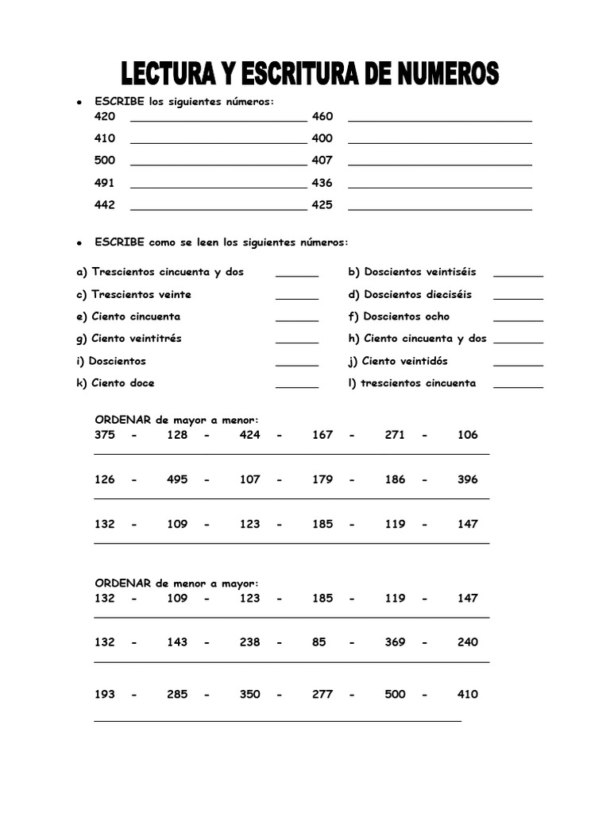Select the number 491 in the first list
[x=105, y=183]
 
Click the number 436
[x=322, y=183]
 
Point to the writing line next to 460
[x=440, y=120]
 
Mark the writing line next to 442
[x=218, y=209]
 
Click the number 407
[x=322, y=161]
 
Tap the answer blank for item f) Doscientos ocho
[x=518, y=320]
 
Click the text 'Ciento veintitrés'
[x=136, y=339]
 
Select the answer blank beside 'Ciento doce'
[x=297, y=387]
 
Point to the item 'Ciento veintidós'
[x=404, y=361]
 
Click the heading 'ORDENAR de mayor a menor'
[x=177, y=420]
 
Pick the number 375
[x=105, y=435]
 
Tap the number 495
[x=177, y=479]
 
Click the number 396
[x=468, y=479]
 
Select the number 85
[x=319, y=642]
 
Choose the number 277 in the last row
[x=322, y=694]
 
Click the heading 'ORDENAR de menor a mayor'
[x=177, y=583]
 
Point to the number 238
[x=249, y=642]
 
